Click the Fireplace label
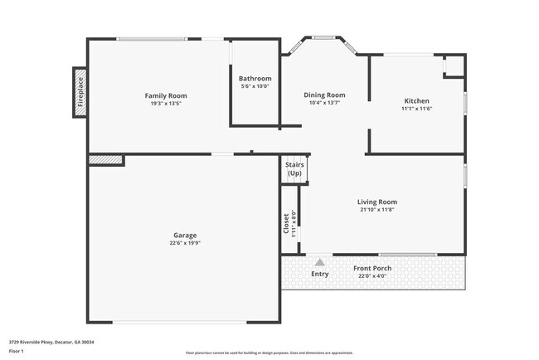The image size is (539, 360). point(81,93)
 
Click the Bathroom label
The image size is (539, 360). point(255,79)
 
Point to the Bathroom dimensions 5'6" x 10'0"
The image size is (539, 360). point(255,86)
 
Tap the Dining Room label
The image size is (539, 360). point(324,95)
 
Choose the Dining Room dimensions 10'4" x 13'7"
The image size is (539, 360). point(324,103)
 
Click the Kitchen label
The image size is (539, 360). point(416,100)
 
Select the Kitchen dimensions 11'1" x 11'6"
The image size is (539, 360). point(416,109)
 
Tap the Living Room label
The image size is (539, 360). point(377,202)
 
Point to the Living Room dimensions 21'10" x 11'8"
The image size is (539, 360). point(377,210)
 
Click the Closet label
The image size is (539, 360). point(287,222)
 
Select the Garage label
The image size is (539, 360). point(185,235)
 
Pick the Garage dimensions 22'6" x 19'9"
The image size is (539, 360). point(185,243)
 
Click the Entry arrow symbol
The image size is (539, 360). point(319,262)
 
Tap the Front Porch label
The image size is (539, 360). point(372,268)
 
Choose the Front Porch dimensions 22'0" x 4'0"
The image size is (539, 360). point(372,276)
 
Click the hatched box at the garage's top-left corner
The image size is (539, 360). point(105,158)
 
